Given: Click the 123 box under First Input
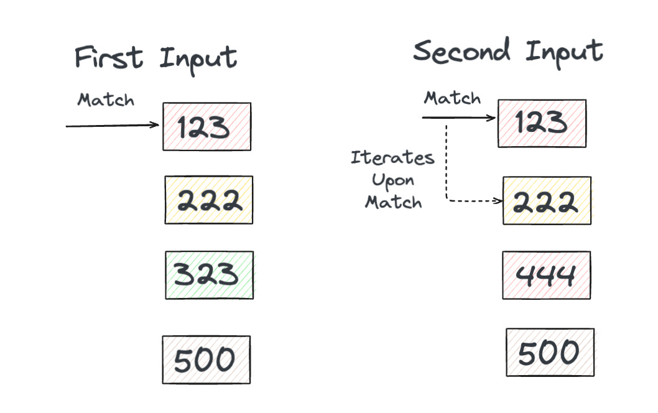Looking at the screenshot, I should pyautogui.click(x=206, y=127).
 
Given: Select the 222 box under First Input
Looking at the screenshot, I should pyautogui.click(x=208, y=200).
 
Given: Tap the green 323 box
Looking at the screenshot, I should pyautogui.click(x=209, y=275).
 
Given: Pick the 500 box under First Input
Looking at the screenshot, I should pyautogui.click(x=206, y=360).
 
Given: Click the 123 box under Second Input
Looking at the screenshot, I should pyautogui.click(x=541, y=123).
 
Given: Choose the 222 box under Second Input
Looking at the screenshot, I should pyautogui.click(x=547, y=201).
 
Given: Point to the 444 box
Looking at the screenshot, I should pyautogui.click(x=546, y=275).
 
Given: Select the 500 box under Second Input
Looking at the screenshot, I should pyautogui.click(x=550, y=353).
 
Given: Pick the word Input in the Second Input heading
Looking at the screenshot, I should pyautogui.click(x=563, y=51).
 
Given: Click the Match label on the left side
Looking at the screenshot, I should pyautogui.click(x=106, y=100).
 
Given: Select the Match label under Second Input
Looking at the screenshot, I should pyautogui.click(x=452, y=98).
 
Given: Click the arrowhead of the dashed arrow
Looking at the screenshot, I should pyautogui.click(x=499, y=201).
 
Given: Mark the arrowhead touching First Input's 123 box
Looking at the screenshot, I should pyautogui.click(x=157, y=125).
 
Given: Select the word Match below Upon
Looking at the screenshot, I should pyautogui.click(x=393, y=202).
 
